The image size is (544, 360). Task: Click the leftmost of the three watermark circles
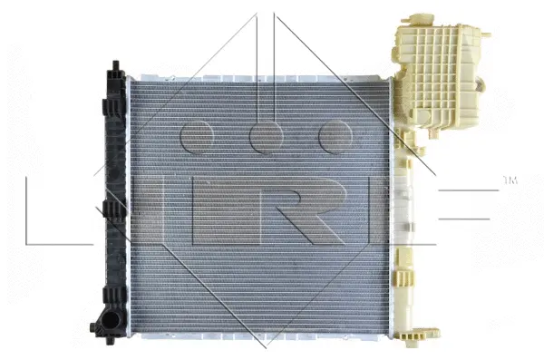[198, 137]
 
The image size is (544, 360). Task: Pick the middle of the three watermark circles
[265, 137]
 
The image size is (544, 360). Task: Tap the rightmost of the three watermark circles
[335, 137]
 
